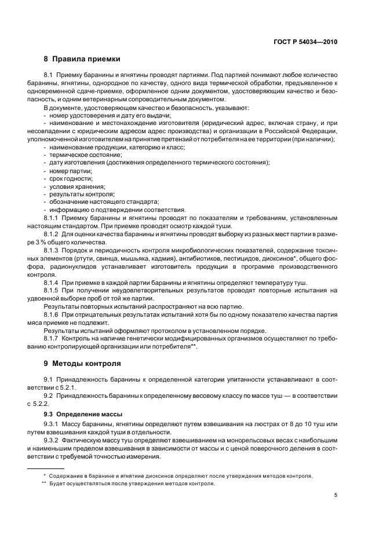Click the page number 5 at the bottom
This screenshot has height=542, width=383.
[x=336, y=495]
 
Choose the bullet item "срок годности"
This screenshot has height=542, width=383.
[x=68, y=179]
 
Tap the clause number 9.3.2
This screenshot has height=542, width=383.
[x=54, y=441]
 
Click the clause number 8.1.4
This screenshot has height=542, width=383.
[x=54, y=282]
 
